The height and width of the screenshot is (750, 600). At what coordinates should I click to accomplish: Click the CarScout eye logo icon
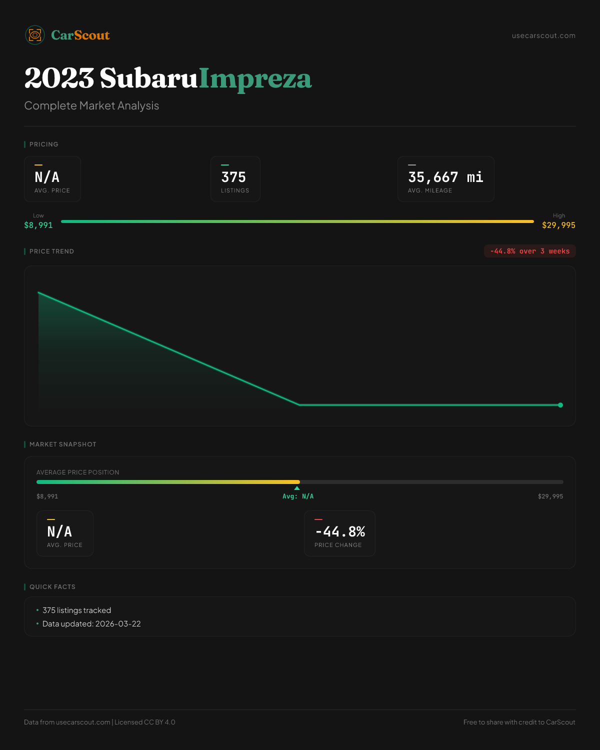point(35,35)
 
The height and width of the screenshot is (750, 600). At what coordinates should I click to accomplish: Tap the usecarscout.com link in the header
point(543,35)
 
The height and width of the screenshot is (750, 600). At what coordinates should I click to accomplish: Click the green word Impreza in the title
point(255,78)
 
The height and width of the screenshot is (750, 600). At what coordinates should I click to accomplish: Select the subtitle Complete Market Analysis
point(91,105)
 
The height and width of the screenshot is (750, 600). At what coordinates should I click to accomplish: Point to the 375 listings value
point(233,177)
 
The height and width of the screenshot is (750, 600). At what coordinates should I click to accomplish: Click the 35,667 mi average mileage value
point(445,177)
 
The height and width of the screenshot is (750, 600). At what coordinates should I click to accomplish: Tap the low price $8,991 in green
point(38,225)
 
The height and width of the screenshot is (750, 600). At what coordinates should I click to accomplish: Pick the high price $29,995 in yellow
point(558,225)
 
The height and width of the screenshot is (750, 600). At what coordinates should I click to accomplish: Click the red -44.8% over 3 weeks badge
point(529,251)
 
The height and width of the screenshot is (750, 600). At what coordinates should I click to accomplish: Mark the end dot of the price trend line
point(560,405)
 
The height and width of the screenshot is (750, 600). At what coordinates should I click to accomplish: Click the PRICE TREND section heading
point(51,251)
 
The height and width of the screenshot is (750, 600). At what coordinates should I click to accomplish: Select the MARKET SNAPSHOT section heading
point(62,444)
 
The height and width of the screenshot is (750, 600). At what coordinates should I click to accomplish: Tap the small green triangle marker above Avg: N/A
point(297,488)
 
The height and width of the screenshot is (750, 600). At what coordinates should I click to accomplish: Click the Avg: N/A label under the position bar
point(298,496)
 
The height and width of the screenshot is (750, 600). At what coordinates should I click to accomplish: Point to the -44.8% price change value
point(340,531)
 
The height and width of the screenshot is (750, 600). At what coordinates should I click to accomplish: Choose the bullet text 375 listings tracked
point(76,610)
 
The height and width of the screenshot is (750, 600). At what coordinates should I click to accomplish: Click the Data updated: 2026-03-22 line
point(91,624)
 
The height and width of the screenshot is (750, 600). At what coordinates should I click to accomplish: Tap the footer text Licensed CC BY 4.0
point(144,722)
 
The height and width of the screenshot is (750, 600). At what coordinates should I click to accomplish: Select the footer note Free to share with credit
point(519,722)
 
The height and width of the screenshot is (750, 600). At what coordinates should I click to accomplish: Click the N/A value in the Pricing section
point(47,177)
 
